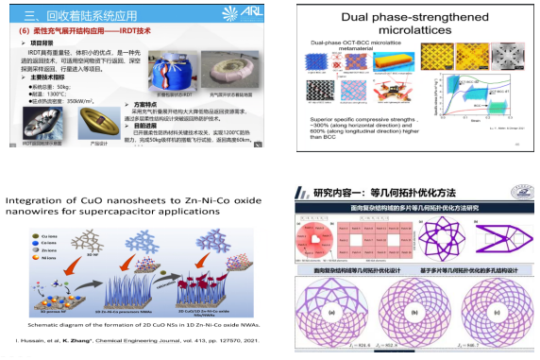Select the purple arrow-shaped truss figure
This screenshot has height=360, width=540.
[x=503, y=231]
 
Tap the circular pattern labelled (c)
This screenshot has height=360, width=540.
[x=497, y=311]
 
